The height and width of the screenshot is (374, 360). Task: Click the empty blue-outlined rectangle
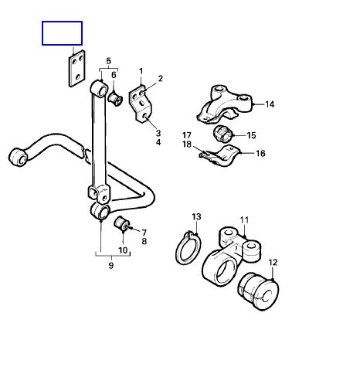[x=62, y=33]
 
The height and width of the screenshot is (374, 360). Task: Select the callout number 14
[x=270, y=104]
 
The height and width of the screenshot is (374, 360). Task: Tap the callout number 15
[x=251, y=135]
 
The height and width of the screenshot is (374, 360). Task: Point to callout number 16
[x=260, y=153]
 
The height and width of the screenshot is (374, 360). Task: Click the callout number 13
[x=196, y=216]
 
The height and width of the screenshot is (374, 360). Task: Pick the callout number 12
[x=273, y=263]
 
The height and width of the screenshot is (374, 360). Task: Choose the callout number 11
[x=244, y=220]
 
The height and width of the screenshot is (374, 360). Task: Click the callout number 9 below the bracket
[x=111, y=265]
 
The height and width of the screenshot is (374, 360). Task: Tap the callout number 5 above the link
[x=108, y=61]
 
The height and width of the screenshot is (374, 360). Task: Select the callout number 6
[x=114, y=75]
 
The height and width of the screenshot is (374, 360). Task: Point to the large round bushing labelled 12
[x=258, y=292]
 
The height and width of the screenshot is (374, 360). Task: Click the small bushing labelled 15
[x=223, y=134]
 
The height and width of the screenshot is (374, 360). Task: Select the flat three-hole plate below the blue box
[x=76, y=69]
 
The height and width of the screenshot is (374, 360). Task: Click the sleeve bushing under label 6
[x=115, y=99]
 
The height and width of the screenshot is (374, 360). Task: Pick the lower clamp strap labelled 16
[x=221, y=155]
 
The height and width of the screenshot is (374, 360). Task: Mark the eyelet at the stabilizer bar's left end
[x=18, y=157]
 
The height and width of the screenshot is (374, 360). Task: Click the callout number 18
[x=187, y=144]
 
